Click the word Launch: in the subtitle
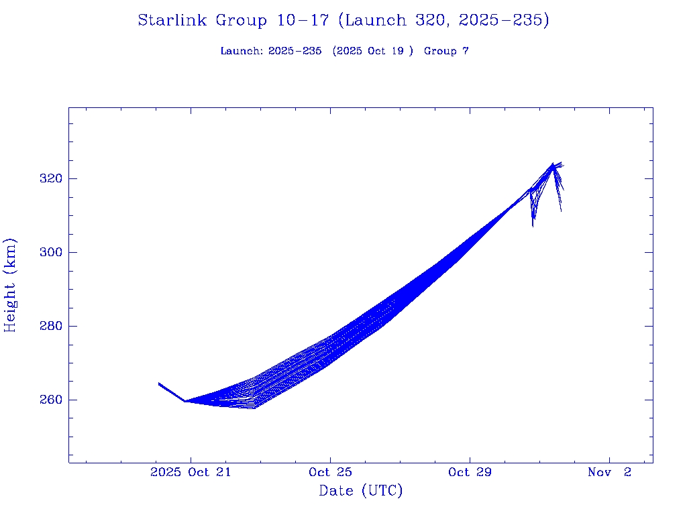point(242,51)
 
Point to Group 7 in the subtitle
point(446,51)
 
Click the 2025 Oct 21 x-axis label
point(191,472)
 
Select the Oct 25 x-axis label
point(330,472)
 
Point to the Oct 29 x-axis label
point(470,472)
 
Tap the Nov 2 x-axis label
point(609,472)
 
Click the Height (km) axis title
point(10,285)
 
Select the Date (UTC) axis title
point(361,491)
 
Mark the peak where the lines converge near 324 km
point(553,164)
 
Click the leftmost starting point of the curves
point(159,383)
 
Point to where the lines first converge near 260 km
point(184,401)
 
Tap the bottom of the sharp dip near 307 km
point(533,226)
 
